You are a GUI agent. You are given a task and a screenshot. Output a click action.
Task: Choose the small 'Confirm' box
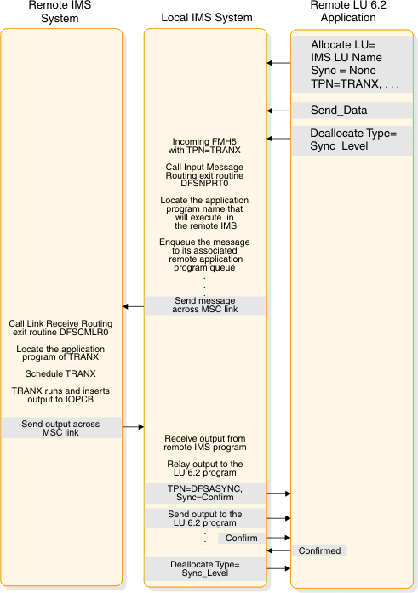pyautogui.click(x=242, y=538)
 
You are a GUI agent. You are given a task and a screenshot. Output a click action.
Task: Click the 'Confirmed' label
pyautogui.click(x=320, y=550)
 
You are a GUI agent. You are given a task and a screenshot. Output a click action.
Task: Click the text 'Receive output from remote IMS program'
pyautogui.click(x=205, y=442)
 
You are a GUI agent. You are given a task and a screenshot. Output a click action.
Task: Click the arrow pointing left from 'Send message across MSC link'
pyautogui.click(x=132, y=306)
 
